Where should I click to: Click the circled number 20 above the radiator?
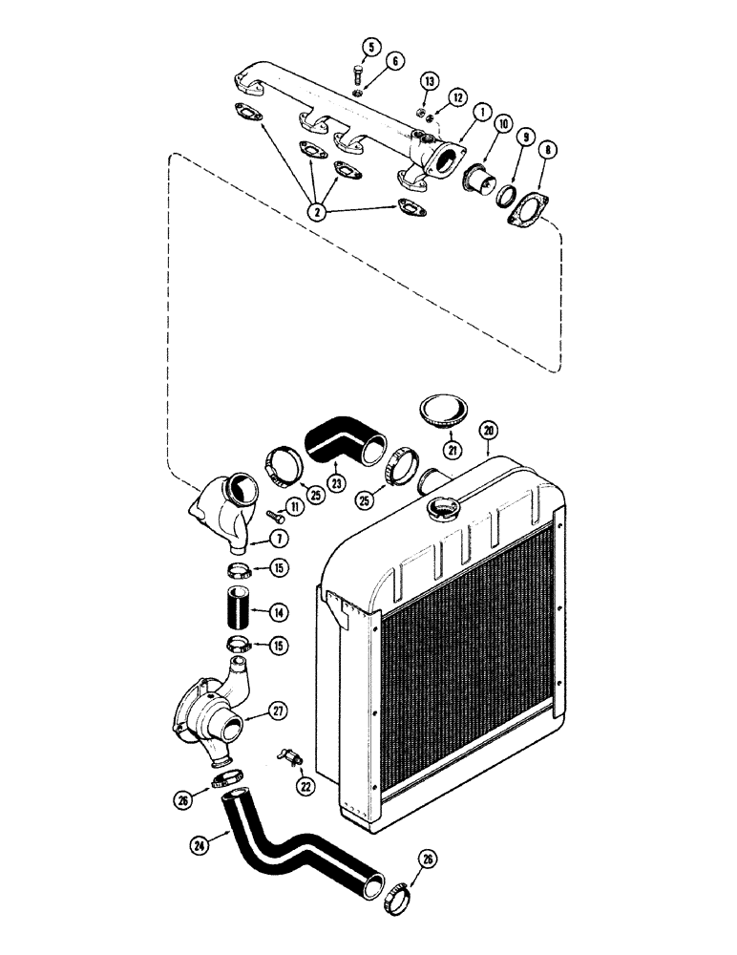pyautogui.click(x=488, y=432)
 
